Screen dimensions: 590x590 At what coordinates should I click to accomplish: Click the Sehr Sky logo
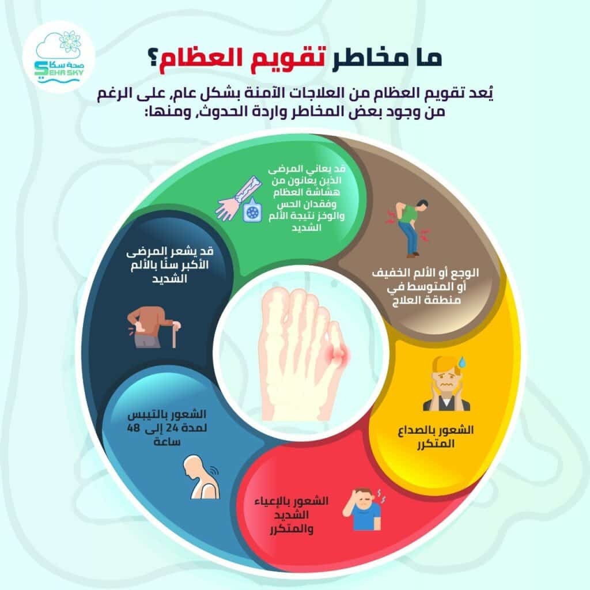pos(59,56)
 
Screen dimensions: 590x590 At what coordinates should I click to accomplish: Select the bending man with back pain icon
pos(409,228)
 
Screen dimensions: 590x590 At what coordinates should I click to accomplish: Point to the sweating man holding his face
pos(447,384)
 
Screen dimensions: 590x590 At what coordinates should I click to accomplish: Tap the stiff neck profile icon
pos(201,476)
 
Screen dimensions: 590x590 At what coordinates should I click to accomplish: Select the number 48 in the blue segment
pos(133,428)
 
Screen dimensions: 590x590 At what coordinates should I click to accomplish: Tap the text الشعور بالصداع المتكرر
pos(436,436)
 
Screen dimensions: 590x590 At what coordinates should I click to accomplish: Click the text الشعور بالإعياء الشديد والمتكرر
pos(292,515)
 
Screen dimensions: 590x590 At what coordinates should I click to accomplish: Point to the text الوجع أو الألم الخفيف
pos(426,273)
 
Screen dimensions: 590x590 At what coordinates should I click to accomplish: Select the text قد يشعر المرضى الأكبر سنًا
pos(170,258)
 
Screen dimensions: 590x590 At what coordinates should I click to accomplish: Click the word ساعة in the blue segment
pos(167,441)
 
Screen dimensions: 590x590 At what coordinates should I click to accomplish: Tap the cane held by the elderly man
pos(174,334)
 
